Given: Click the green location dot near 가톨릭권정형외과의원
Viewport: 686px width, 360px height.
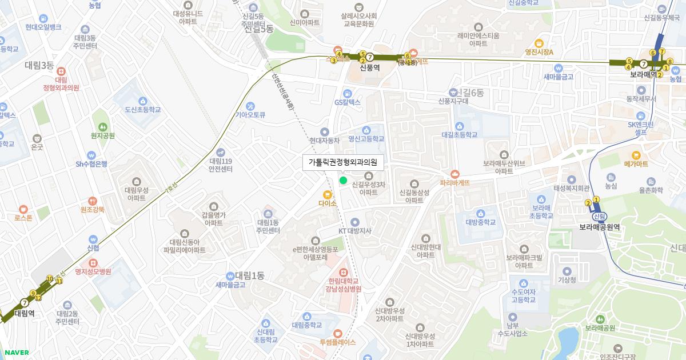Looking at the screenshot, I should point(343,181).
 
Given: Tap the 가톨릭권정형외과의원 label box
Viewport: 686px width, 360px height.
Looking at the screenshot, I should point(343,162).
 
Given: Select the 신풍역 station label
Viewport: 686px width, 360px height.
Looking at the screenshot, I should point(370,67).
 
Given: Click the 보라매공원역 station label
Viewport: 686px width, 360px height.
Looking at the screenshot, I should point(600,226).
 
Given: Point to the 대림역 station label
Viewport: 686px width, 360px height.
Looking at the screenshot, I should point(25,313).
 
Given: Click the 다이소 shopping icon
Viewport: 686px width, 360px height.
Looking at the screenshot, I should point(328,194).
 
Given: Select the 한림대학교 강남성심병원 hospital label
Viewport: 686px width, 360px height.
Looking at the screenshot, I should point(343,285).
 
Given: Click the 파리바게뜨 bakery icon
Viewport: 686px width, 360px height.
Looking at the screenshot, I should point(454,174).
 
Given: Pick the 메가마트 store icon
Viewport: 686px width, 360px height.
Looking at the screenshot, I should point(636,155).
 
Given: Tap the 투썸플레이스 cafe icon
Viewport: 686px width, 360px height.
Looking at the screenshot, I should point(337,333).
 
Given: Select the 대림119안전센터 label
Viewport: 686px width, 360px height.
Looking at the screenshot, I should point(220,165).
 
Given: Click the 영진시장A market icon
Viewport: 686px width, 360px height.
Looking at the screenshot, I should point(539,43).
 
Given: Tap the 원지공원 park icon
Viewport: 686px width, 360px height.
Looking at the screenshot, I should point(102,126).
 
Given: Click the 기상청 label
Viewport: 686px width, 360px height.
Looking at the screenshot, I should point(567,280).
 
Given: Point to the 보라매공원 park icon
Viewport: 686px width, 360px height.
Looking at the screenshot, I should point(599,319).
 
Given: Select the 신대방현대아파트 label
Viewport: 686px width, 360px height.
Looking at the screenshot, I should point(426,251).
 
